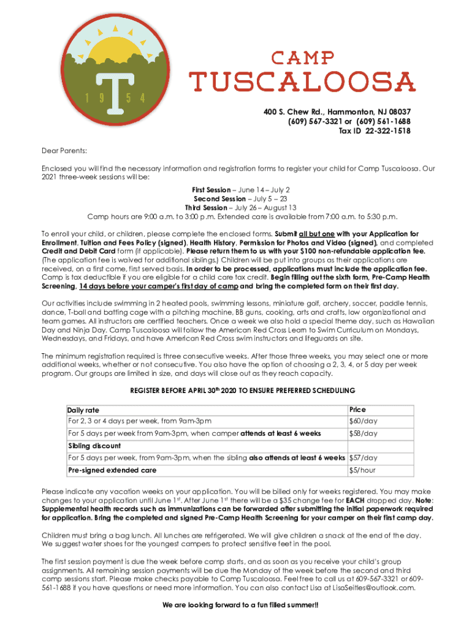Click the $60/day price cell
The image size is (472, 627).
tap(363, 421)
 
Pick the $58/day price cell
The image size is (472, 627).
tap(363, 434)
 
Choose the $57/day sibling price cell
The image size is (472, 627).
tap(363, 457)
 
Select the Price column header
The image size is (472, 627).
tap(357, 410)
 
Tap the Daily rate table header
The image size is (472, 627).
tap(83, 410)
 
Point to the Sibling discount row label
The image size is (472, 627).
tap(94, 446)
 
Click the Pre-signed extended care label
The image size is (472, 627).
tap(112, 470)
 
